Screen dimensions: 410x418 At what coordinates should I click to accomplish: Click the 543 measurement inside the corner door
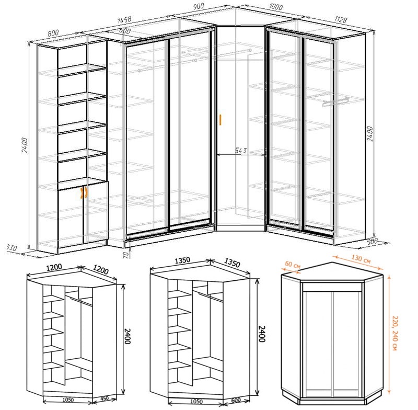pos(241,151)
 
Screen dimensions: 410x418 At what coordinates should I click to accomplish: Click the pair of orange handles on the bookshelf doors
pos(83,193)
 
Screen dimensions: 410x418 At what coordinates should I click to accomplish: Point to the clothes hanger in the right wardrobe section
pos(335,100)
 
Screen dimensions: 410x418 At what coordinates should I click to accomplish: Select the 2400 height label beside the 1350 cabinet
pos(261,333)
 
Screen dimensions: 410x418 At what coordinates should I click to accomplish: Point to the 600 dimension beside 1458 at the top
pos(124,31)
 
